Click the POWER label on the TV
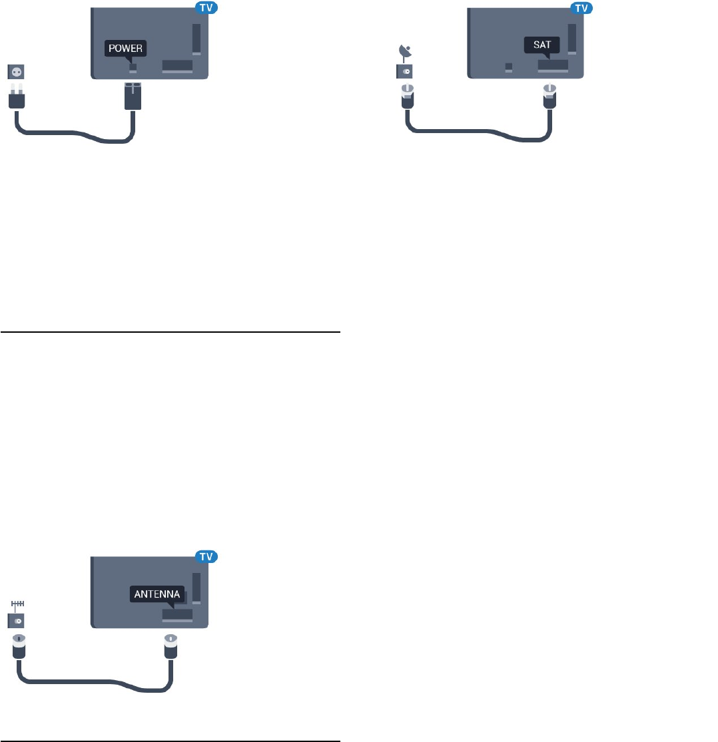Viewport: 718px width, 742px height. click(x=126, y=48)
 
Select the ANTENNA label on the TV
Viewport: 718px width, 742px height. click(x=157, y=594)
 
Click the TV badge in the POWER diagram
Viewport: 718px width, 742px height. click(x=206, y=8)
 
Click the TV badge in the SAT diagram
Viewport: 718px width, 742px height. click(x=582, y=8)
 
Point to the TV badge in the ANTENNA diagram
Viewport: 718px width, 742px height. click(x=206, y=556)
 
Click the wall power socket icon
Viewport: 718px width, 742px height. click(x=15, y=70)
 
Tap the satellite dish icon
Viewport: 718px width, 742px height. click(x=404, y=51)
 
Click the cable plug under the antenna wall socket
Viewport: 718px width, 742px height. click(x=18, y=647)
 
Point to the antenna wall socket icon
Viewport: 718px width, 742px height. click(x=16, y=620)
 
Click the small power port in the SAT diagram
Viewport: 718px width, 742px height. click(x=509, y=67)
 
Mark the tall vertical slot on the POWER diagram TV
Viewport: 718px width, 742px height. click(x=196, y=39)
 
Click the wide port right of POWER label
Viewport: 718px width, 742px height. click(x=177, y=66)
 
